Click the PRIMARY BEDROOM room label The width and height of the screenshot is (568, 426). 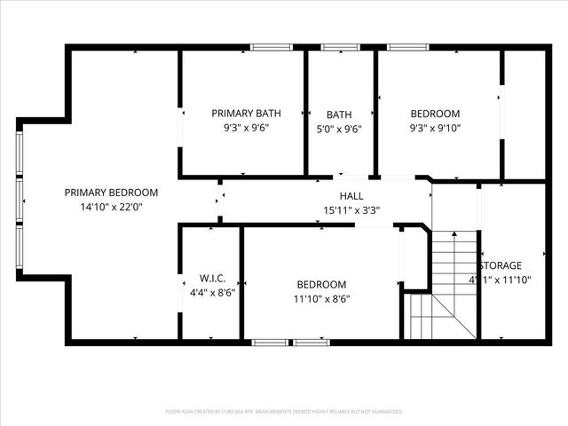click(111, 193)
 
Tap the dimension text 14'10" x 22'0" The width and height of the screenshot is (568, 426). click(111, 207)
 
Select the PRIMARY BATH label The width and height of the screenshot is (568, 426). click(246, 114)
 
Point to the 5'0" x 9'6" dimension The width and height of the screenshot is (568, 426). click(339, 128)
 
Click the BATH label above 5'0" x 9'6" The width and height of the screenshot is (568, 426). click(339, 114)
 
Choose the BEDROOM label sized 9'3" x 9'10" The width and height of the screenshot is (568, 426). click(435, 114)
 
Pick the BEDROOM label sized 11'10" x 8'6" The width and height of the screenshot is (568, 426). click(321, 284)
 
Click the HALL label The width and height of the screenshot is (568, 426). click(351, 196)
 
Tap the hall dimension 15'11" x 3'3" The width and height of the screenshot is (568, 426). click(351, 210)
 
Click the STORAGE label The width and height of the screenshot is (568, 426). click(501, 265)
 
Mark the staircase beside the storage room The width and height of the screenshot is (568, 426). click(444, 284)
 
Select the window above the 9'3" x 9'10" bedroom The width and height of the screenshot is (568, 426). click(407, 47)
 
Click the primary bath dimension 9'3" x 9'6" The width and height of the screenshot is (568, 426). click(246, 128)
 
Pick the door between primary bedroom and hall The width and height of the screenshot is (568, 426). click(219, 201)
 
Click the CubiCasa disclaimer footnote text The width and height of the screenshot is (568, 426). click(284, 412)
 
